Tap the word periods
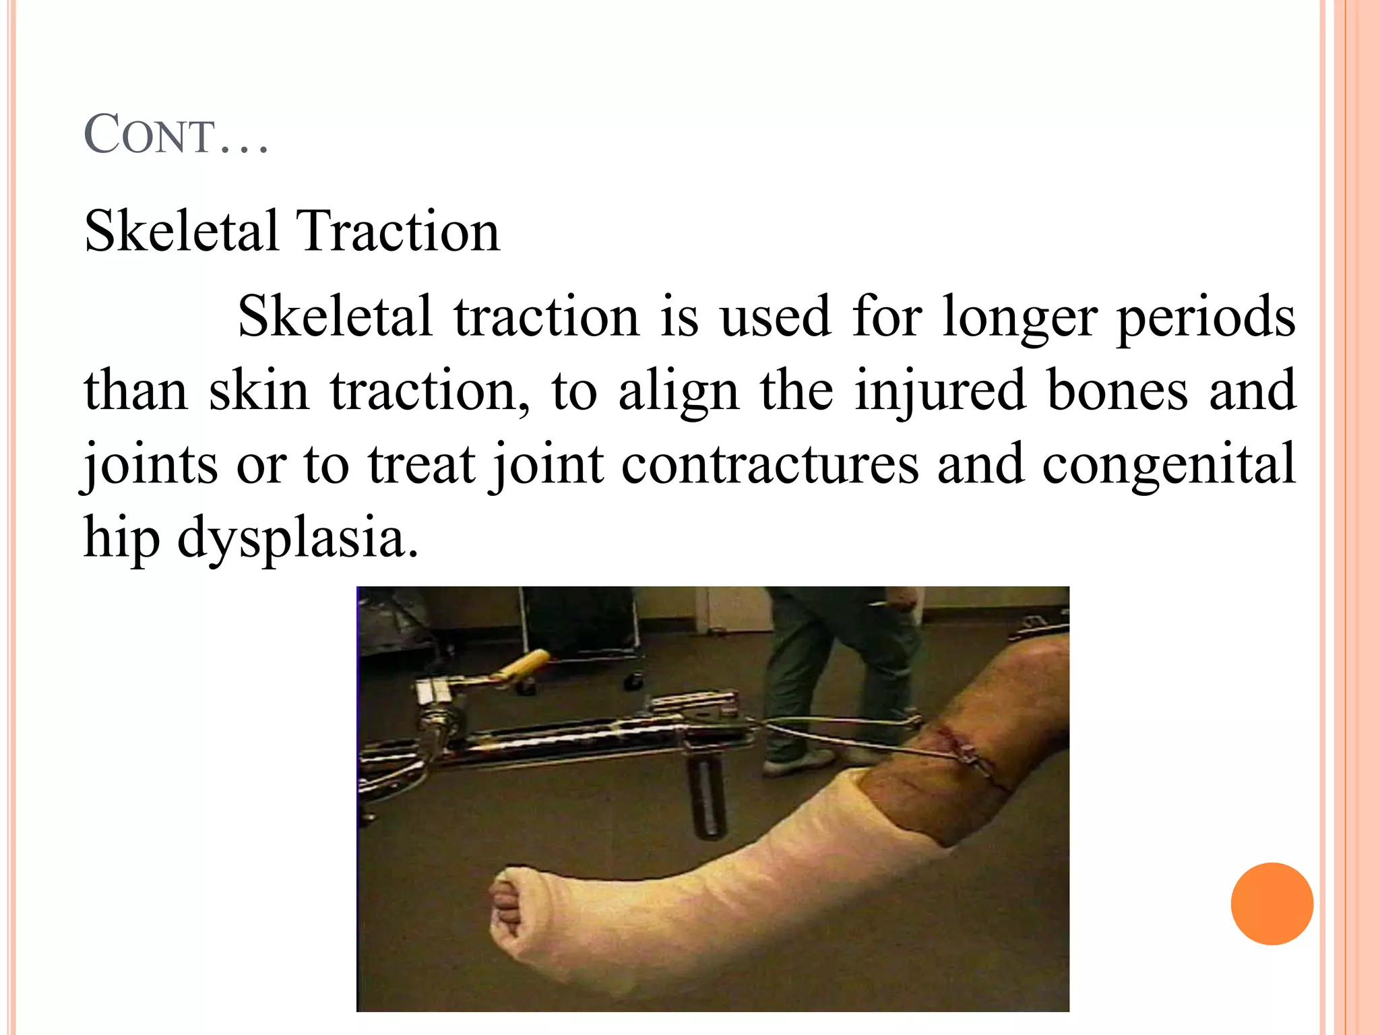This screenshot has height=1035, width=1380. click(x=1206, y=317)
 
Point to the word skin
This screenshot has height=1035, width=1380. click(x=259, y=391)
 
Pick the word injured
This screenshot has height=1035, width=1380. click(x=941, y=391)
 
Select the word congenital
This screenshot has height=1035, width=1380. click(x=1169, y=465)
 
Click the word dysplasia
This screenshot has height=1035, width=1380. click(x=297, y=539)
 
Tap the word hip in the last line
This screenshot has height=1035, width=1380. click(x=121, y=539)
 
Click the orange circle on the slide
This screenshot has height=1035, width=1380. click(x=1272, y=904)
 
